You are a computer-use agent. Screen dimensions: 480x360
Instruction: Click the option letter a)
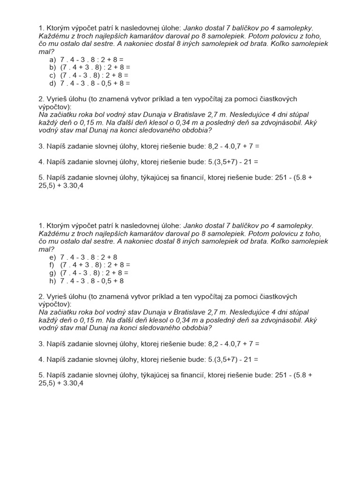[52, 60]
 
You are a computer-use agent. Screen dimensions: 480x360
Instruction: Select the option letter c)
[52, 75]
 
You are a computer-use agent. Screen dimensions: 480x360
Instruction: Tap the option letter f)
[52, 265]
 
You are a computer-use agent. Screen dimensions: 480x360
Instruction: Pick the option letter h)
[52, 281]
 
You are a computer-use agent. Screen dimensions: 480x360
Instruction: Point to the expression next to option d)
[95, 83]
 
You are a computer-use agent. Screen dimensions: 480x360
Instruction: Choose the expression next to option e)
[89, 257]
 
